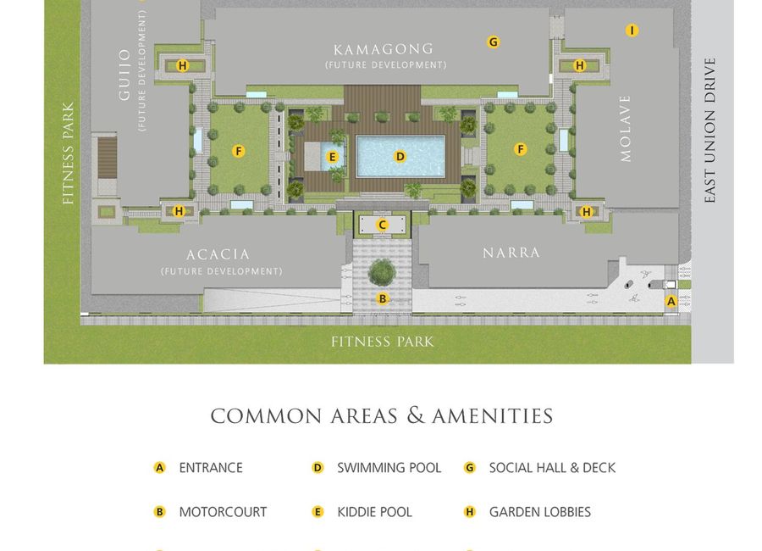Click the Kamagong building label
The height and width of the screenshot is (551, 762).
pyautogui.click(x=384, y=49)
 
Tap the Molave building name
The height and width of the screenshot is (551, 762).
pyautogui.click(x=626, y=129)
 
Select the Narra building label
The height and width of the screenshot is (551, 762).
pyautogui.click(x=511, y=253)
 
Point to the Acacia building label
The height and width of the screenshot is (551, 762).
pyautogui.click(x=218, y=254)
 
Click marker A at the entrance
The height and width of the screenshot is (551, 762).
pyautogui.click(x=671, y=300)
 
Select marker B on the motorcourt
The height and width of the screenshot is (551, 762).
pyautogui.click(x=383, y=298)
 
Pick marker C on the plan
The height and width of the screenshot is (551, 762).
pyautogui.click(x=383, y=225)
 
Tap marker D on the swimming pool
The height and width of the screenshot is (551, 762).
pyautogui.click(x=400, y=156)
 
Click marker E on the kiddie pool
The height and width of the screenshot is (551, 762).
pyautogui.click(x=333, y=156)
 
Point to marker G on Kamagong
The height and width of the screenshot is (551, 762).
pyautogui.click(x=493, y=42)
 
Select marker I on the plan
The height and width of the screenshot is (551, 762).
pyautogui.click(x=632, y=31)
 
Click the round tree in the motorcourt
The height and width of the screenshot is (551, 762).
pyautogui.click(x=382, y=272)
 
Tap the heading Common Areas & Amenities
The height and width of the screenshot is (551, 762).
pyautogui.click(x=382, y=416)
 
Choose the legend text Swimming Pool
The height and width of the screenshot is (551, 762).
pyautogui.click(x=389, y=467)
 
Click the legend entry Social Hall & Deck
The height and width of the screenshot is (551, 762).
pyautogui.click(x=552, y=467)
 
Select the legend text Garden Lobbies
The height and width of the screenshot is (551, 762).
pyautogui.click(x=539, y=512)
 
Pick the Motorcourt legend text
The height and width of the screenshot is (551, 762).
pyautogui.click(x=223, y=512)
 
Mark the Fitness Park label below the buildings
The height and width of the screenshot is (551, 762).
pyautogui.click(x=382, y=342)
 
